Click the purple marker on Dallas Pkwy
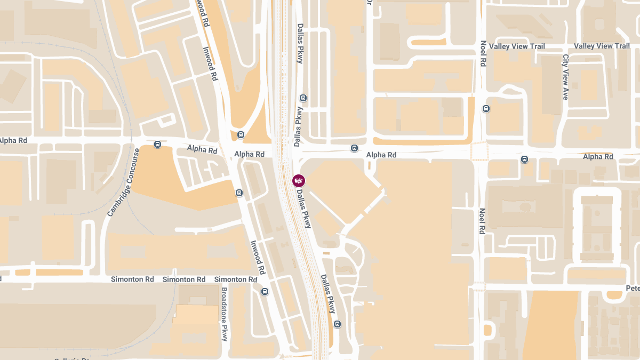[x=299, y=180]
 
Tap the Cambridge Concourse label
[x=123, y=182]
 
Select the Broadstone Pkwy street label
[x=225, y=315]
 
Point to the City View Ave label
[x=565, y=77]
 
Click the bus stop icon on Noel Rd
[x=486, y=109]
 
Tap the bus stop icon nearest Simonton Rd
[x=265, y=291]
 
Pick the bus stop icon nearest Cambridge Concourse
[x=157, y=144]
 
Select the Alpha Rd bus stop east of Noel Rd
[x=525, y=159]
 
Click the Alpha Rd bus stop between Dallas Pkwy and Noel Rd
[x=354, y=148]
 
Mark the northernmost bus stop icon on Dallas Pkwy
[x=303, y=98]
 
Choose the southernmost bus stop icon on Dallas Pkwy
[x=337, y=324]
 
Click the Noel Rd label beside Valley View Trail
[x=483, y=53]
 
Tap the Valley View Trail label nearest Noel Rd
[x=517, y=46]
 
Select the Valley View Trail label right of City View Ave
[x=602, y=46]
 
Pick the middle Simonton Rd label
[x=184, y=279]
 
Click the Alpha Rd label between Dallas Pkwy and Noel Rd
[x=381, y=155]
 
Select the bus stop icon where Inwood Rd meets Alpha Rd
[x=241, y=135]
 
